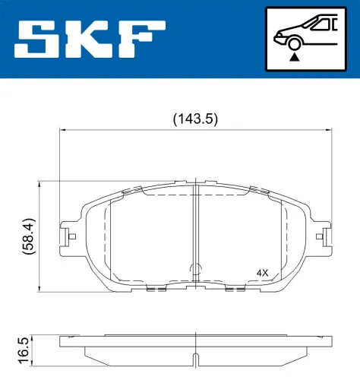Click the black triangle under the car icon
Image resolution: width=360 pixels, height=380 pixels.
295,55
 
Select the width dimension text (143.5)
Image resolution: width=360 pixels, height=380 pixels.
195,118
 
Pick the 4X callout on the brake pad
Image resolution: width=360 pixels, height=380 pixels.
263,272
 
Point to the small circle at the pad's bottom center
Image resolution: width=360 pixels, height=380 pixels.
195,268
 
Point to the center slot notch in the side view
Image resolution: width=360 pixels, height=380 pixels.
196,359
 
